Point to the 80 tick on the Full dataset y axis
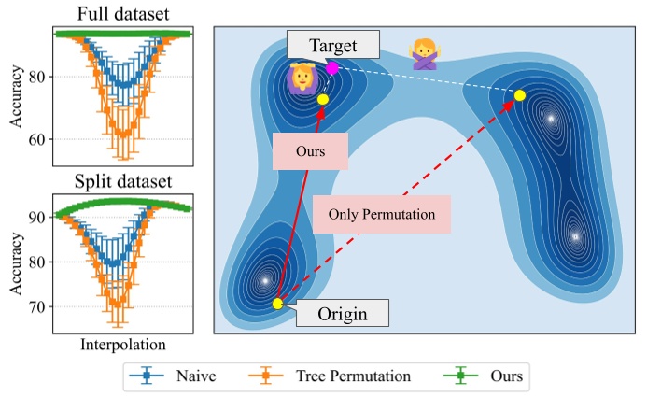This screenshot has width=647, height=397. (41, 77)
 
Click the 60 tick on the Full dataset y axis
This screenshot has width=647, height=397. (41, 139)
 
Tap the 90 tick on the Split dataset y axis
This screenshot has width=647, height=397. (41, 217)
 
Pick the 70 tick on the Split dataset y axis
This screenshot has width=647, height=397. (41, 306)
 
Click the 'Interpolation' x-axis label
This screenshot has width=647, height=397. (123, 344)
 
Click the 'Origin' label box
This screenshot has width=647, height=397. (343, 315)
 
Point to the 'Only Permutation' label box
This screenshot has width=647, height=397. (382, 214)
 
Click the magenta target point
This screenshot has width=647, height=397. (332, 68)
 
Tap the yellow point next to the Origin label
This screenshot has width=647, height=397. (277, 304)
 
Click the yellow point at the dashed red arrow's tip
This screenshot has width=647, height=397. (520, 95)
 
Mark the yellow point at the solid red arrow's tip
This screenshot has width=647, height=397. (323, 99)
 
